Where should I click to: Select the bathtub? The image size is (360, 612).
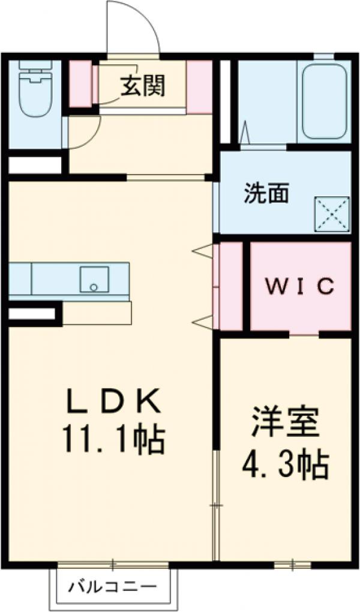point(324,101)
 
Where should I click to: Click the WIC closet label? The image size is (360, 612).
point(299,287)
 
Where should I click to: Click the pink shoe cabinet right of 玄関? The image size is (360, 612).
point(199,87)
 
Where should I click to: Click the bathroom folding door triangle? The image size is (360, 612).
point(244,133)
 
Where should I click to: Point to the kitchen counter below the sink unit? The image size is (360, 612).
point(96,313)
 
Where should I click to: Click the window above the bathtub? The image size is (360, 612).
point(323,57)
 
